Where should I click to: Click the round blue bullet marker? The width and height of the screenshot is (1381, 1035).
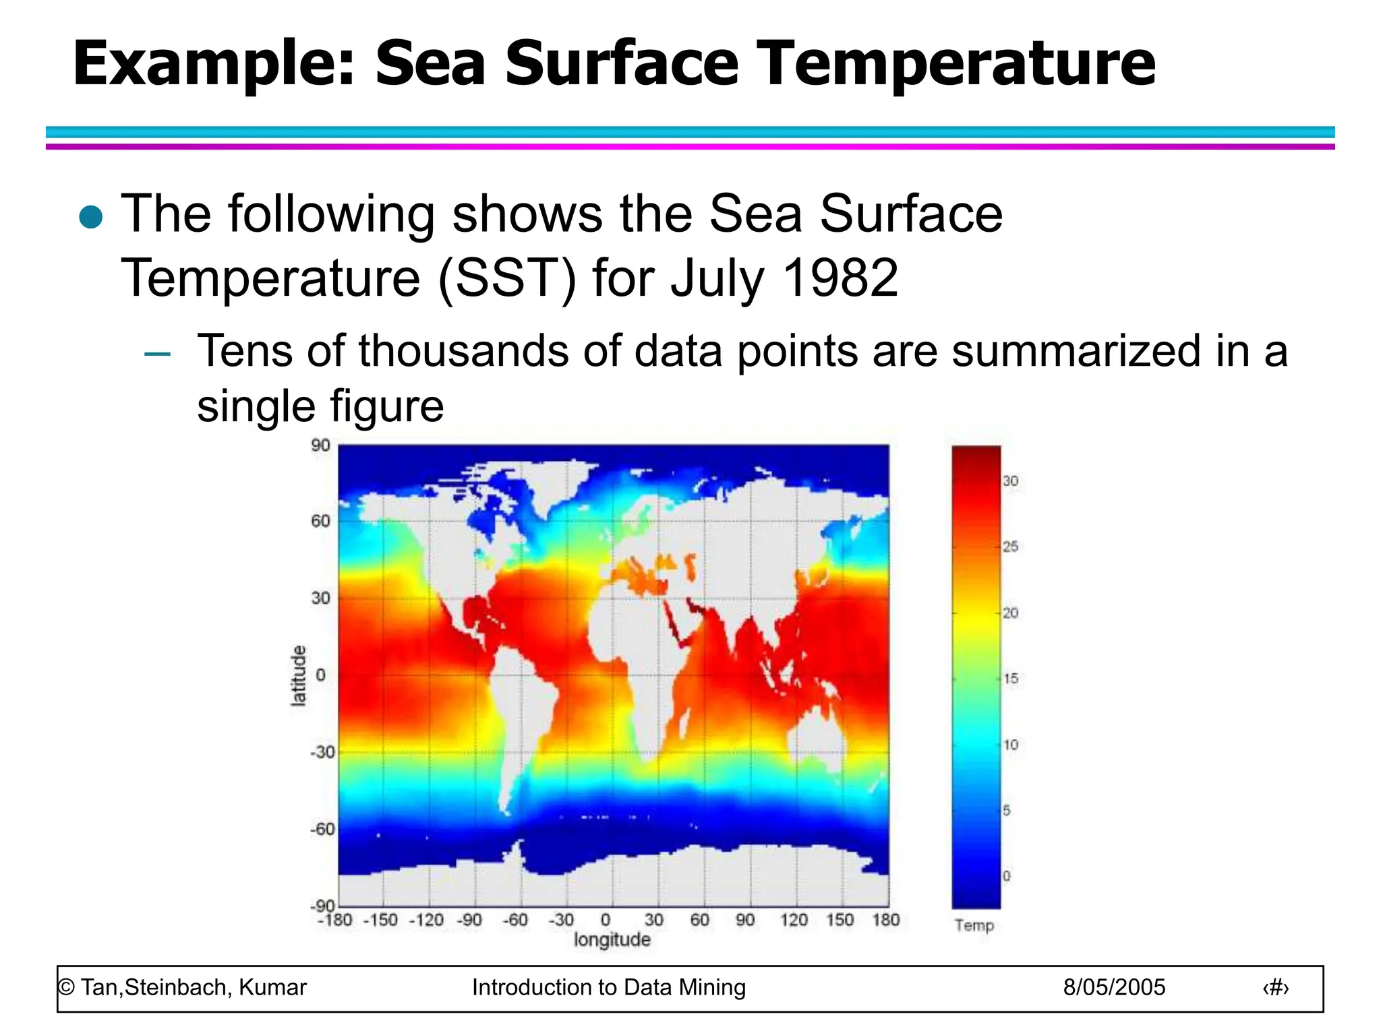pyautogui.click(x=90, y=217)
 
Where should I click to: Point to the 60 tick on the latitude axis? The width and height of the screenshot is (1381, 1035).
pyautogui.click(x=320, y=521)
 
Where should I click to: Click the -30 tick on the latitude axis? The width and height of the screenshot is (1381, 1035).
pyautogui.click(x=322, y=751)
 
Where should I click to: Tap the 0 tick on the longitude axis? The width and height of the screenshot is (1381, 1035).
pyautogui.click(x=605, y=920)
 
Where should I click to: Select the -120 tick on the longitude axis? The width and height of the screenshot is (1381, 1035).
pyautogui.click(x=426, y=920)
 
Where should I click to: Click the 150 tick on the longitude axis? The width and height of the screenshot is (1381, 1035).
pyautogui.click(x=840, y=920)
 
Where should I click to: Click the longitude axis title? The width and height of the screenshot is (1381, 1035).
pyautogui.click(x=612, y=939)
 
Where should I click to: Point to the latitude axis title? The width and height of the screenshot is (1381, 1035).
pyautogui.click(x=298, y=675)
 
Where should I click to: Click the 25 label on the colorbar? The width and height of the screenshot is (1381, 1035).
pyautogui.click(x=1010, y=546)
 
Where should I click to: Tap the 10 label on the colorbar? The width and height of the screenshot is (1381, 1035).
pyautogui.click(x=1010, y=745)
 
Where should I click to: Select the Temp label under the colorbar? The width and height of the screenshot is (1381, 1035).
pyautogui.click(x=974, y=925)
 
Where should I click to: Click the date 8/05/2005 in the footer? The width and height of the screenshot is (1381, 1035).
pyautogui.click(x=1114, y=987)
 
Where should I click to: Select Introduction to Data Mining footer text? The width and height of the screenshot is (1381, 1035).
pyautogui.click(x=608, y=987)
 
